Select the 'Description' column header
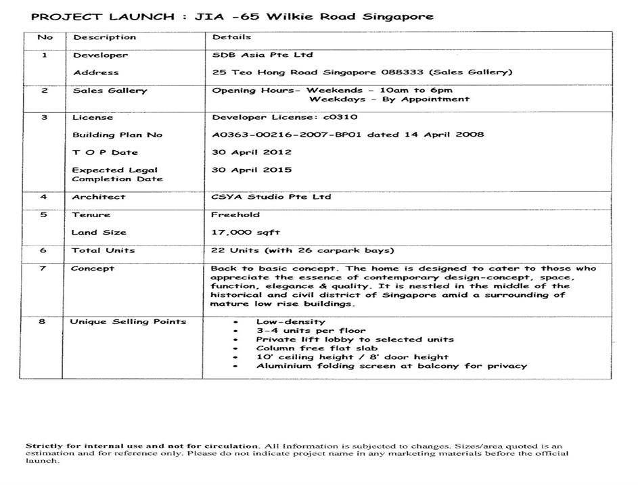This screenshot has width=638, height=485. pyautogui.click(x=104, y=37)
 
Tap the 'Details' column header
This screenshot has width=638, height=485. pyautogui.click(x=231, y=37)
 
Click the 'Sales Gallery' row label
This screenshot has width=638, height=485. pyautogui.click(x=110, y=90)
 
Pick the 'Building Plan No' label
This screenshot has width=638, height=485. pyautogui.click(x=117, y=135)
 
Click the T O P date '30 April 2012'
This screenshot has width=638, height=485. pyautogui.click(x=251, y=152)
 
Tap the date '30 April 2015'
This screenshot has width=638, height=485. pyautogui.click(x=251, y=170)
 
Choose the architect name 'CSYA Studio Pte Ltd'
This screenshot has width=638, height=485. pyautogui.click(x=271, y=197)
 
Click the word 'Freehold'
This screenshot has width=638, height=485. pyautogui.click(x=235, y=214)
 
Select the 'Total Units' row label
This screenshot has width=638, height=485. pyautogui.click(x=103, y=250)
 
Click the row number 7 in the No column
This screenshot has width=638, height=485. pyautogui.click(x=43, y=268)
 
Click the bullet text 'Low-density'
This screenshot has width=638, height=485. pyautogui.click(x=290, y=322)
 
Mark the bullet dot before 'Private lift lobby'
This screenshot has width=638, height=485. pyautogui.click(x=234, y=340)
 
